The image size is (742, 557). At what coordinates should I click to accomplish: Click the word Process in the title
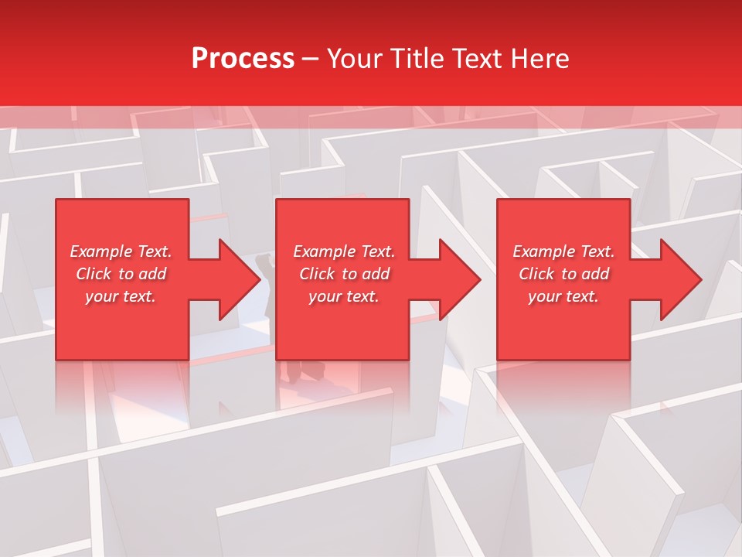(x=243, y=59)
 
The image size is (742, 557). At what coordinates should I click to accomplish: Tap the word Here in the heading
(x=540, y=59)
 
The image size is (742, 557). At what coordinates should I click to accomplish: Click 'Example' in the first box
(x=100, y=251)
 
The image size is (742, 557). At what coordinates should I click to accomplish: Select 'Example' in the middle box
(x=324, y=251)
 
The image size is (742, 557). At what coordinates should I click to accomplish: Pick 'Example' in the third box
(x=543, y=251)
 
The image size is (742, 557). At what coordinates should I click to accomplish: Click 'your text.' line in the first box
(x=121, y=296)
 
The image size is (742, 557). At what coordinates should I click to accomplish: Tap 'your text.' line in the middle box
(x=343, y=296)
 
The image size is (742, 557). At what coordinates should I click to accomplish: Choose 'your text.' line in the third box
(x=563, y=296)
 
